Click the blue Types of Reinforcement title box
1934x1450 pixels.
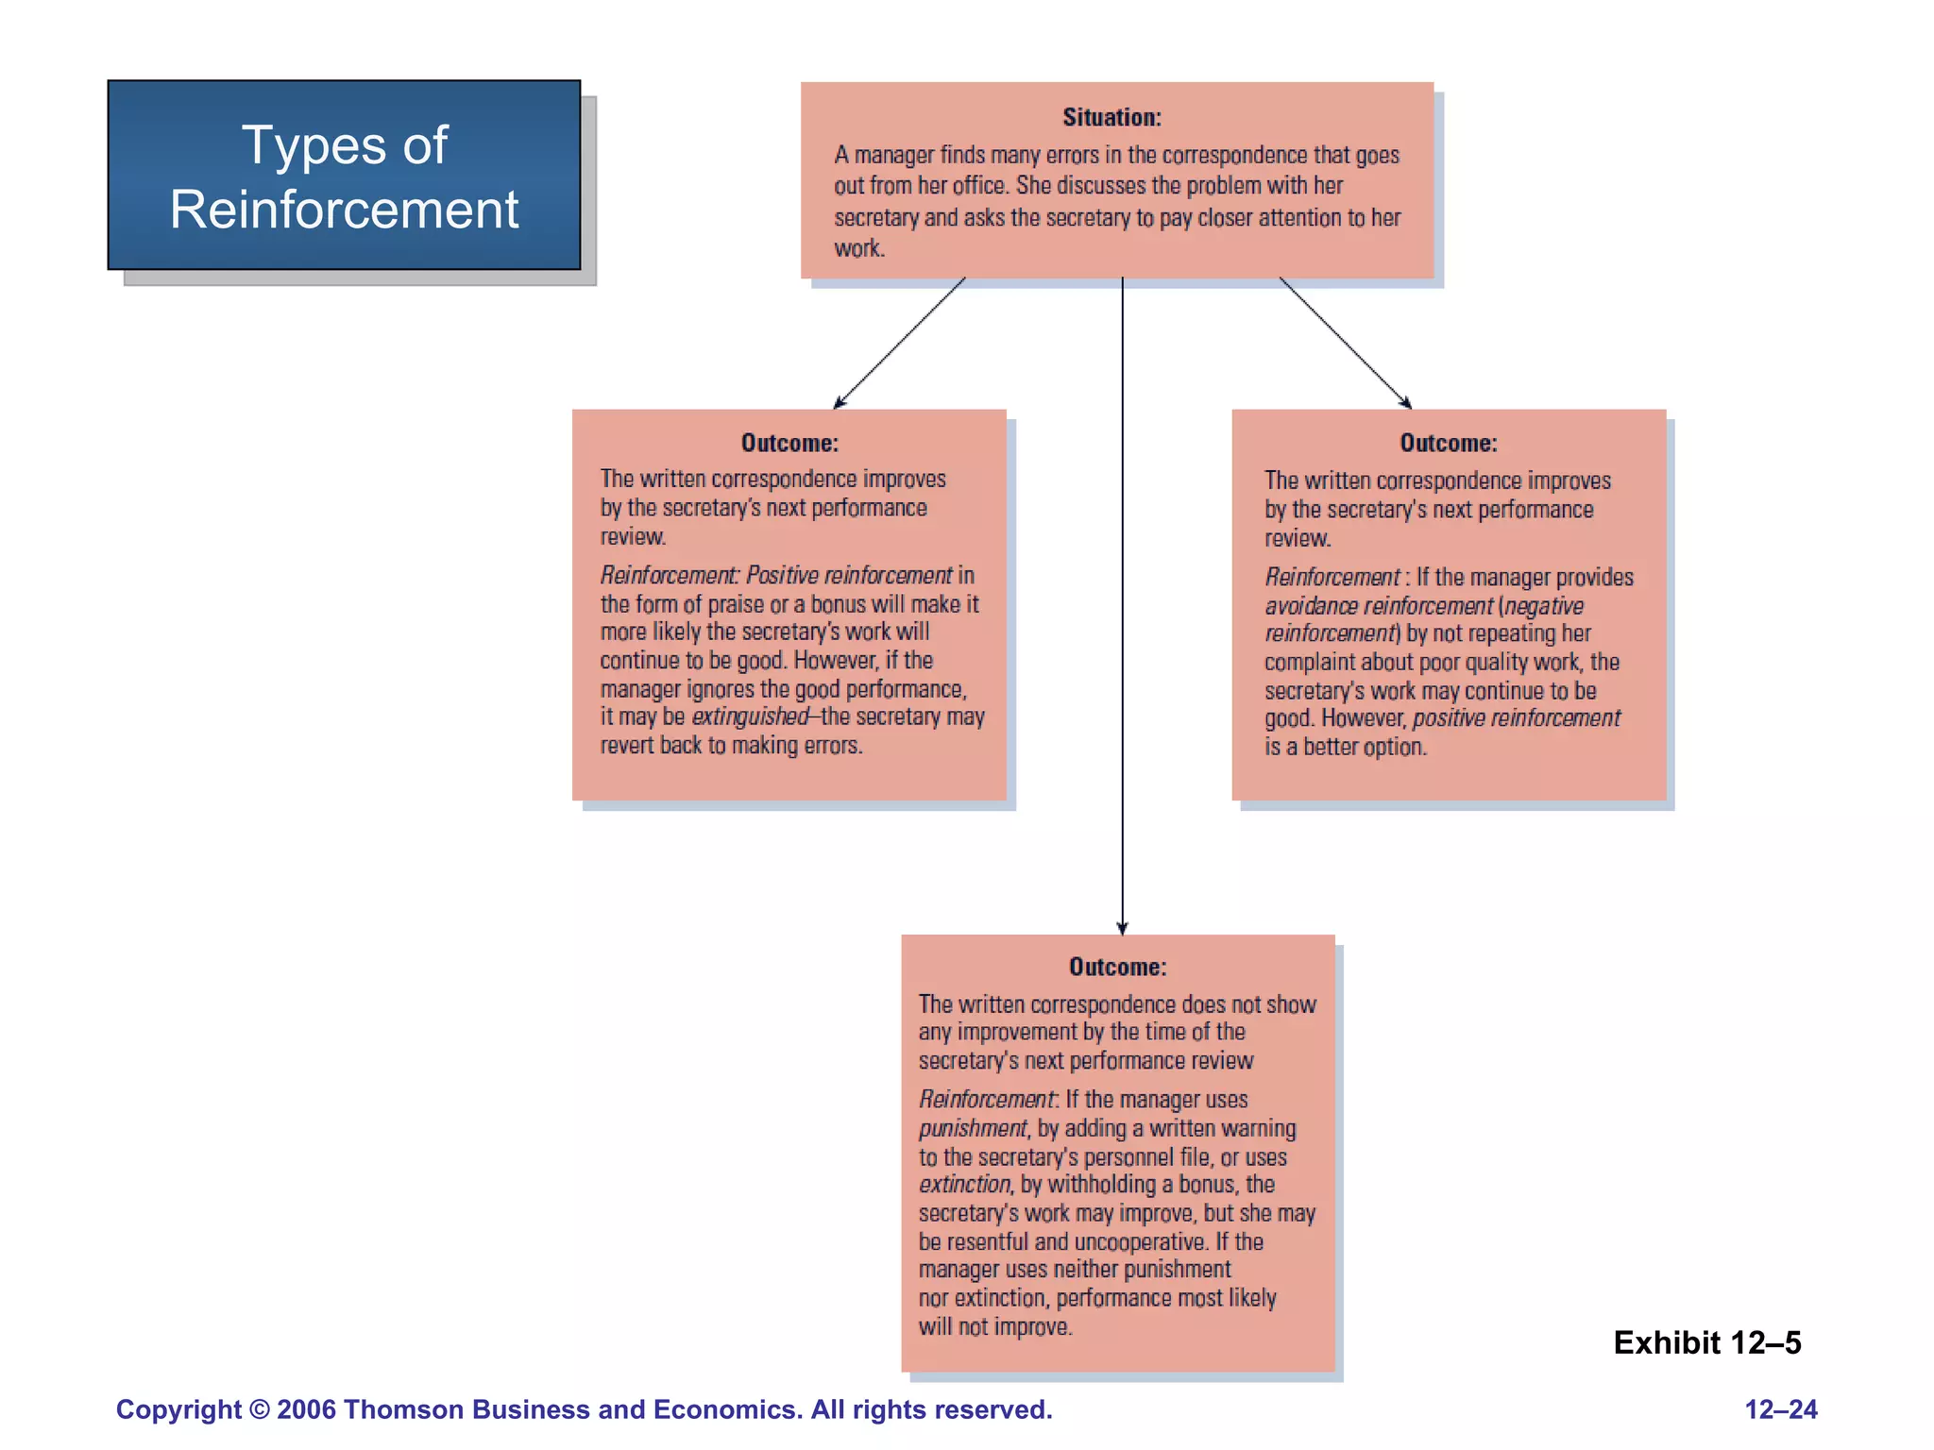click(x=344, y=176)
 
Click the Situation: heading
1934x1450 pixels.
click(x=1111, y=117)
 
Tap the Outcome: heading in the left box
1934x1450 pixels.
click(x=789, y=443)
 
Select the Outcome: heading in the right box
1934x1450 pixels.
click(x=1448, y=443)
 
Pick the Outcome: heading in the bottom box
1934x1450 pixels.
click(x=1117, y=967)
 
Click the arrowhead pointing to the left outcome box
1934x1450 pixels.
click(x=839, y=404)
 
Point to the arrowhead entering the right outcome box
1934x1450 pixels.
click(x=1406, y=403)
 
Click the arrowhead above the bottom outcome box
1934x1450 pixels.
click(x=1122, y=928)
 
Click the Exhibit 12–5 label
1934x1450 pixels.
click(x=1706, y=1342)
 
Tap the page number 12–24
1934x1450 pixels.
click(x=1780, y=1409)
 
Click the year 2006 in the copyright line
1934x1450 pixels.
click(x=306, y=1409)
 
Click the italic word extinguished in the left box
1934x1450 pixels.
click(x=750, y=717)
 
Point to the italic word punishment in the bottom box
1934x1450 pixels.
click(x=972, y=1128)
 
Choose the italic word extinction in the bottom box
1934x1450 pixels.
click(x=964, y=1184)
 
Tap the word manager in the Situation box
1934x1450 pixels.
click(x=894, y=155)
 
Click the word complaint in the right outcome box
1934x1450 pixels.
click(x=1308, y=662)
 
